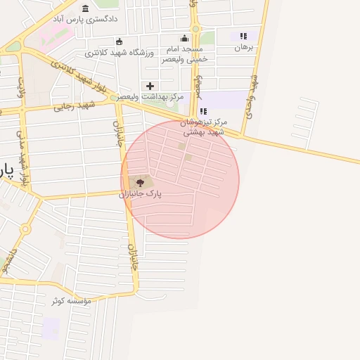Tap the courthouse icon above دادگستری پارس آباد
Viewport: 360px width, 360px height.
tap(85, 8)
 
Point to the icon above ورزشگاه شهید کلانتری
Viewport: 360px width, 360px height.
tap(119, 41)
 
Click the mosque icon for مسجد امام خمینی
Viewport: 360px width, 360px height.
tap(185, 39)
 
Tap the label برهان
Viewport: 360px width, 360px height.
tap(243, 48)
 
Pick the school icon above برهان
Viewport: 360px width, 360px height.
tap(243, 37)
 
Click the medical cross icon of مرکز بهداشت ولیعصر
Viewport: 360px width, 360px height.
tap(150, 85)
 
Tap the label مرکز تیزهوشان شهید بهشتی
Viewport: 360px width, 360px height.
tap(203, 127)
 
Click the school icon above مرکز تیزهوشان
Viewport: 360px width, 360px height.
tap(204, 111)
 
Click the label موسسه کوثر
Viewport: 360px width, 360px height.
tap(70, 300)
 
